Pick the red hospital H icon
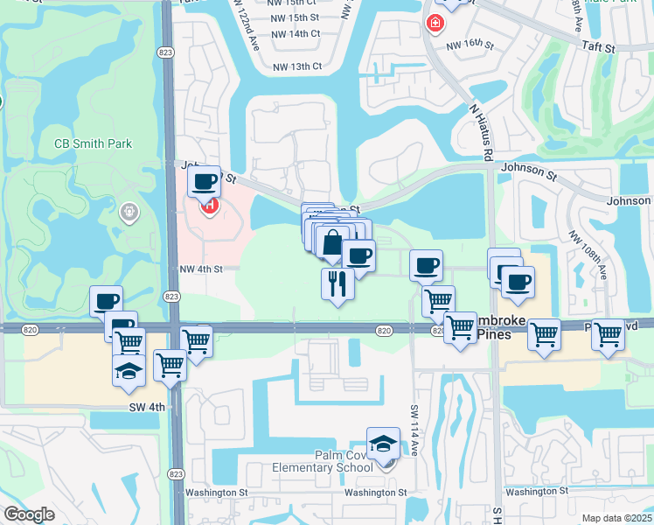[x=210, y=206]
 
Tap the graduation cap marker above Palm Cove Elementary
[x=383, y=444]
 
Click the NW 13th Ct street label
[x=297, y=66]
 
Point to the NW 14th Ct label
[x=296, y=33]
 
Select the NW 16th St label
[x=470, y=44]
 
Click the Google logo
[x=29, y=514]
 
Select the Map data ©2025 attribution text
[x=617, y=518]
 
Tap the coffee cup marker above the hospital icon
[x=204, y=182]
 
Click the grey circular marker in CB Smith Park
[x=129, y=211]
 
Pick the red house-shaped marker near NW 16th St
[x=433, y=23]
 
